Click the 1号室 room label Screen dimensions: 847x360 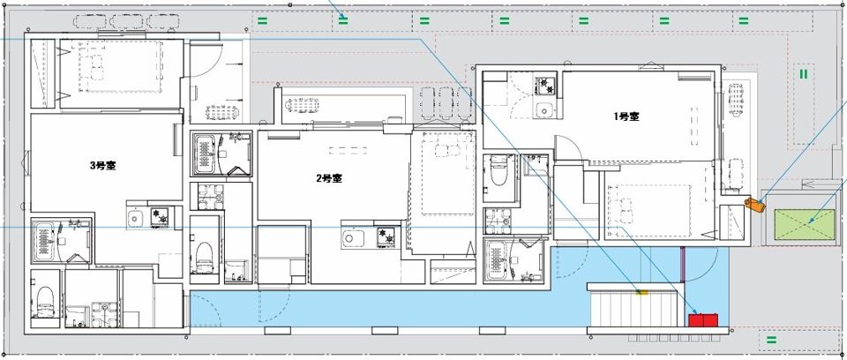[x=626, y=116]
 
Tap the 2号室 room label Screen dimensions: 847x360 [x=328, y=178]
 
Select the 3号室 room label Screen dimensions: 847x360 [x=102, y=165]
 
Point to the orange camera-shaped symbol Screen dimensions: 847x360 [x=755, y=205]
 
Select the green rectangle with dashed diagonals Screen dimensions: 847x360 [x=805, y=225]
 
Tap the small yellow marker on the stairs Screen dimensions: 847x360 [x=641, y=292]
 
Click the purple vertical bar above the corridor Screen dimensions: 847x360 [x=683, y=265]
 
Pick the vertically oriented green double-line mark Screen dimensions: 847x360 [x=803, y=73]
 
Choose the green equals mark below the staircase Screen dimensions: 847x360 [x=771, y=340]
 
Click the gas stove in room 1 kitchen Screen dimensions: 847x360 [x=545, y=86]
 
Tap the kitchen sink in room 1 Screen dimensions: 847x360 [x=545, y=109]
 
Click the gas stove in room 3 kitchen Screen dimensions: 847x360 [x=160, y=217]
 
